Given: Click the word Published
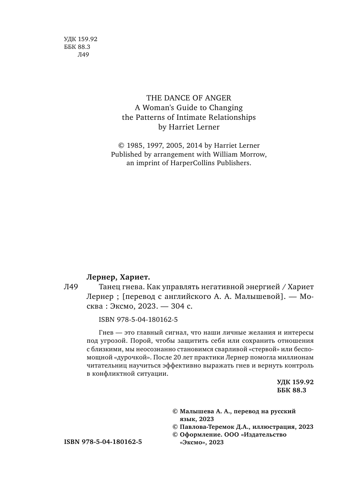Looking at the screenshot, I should coord(127,154).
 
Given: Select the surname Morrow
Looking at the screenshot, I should coord(254,154).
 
